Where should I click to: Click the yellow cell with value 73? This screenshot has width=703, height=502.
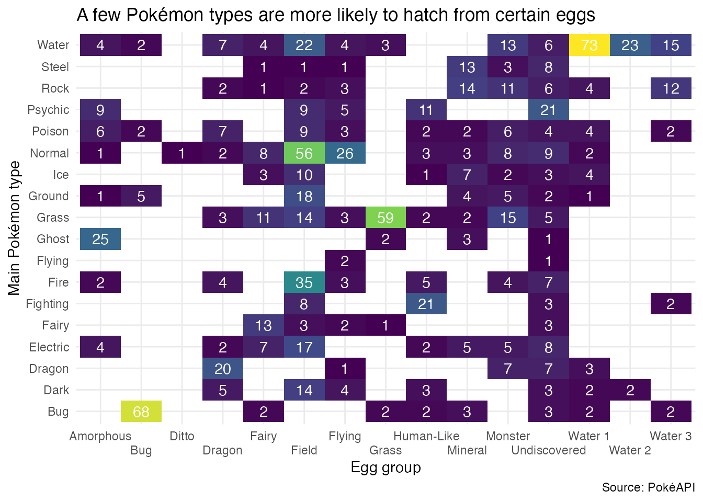589,45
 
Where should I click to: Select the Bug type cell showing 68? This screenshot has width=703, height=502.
141,412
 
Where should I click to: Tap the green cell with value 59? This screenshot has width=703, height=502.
385,218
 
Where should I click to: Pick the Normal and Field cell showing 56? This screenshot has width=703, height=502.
304,153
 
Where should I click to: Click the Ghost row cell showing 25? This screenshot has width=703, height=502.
100,239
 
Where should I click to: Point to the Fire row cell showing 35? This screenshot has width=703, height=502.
304,282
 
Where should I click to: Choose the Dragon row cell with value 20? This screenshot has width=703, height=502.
223,369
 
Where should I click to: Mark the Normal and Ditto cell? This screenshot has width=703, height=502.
182,153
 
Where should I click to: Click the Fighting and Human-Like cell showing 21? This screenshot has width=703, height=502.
426,304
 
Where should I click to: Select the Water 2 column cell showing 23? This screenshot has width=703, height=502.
630,45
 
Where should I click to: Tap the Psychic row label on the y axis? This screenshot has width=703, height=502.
48,110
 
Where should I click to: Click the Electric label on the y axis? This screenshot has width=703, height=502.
49,347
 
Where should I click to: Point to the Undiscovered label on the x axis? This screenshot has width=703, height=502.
549,450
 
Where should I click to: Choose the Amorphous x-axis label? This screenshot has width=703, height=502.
100,436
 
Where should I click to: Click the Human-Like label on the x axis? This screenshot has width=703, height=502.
426,436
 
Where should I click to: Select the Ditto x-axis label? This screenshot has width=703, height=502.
182,436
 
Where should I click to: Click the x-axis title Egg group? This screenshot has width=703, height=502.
385,467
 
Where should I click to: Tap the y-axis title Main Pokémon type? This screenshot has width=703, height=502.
14,228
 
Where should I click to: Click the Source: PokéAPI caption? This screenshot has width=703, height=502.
648,487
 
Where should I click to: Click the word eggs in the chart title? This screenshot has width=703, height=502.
575,16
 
